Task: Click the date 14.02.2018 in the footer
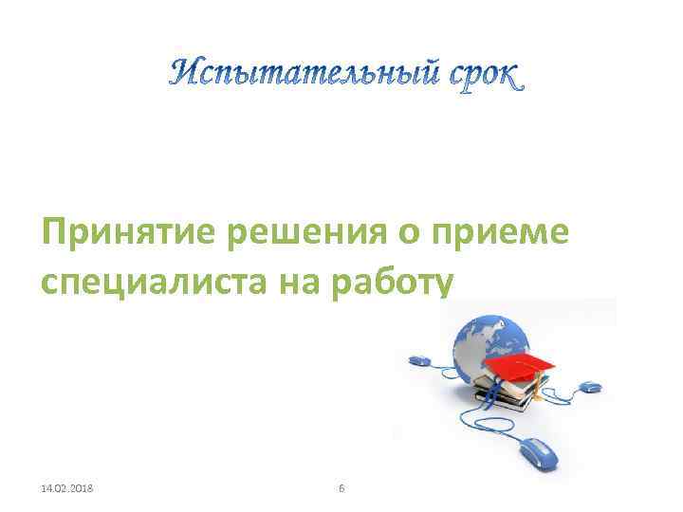point(74,487)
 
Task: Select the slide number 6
point(341,487)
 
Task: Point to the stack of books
point(502,393)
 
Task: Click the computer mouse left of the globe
point(420,360)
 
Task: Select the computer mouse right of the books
point(589,387)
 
